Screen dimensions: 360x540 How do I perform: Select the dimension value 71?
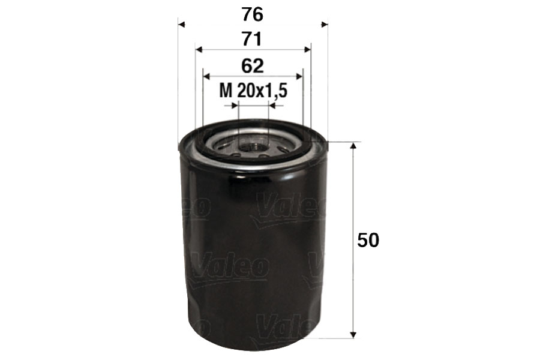pos(253,39)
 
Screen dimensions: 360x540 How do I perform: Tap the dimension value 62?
pos(253,65)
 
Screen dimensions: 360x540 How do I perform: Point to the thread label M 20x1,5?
pos(253,91)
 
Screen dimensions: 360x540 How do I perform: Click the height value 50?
pos(368,240)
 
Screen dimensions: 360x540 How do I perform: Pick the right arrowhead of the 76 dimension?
pos(325,25)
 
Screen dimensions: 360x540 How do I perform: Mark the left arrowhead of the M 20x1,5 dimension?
pos(235,106)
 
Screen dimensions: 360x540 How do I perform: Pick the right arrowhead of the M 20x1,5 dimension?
pos(272,106)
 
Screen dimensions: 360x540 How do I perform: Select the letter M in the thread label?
pos(226,91)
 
